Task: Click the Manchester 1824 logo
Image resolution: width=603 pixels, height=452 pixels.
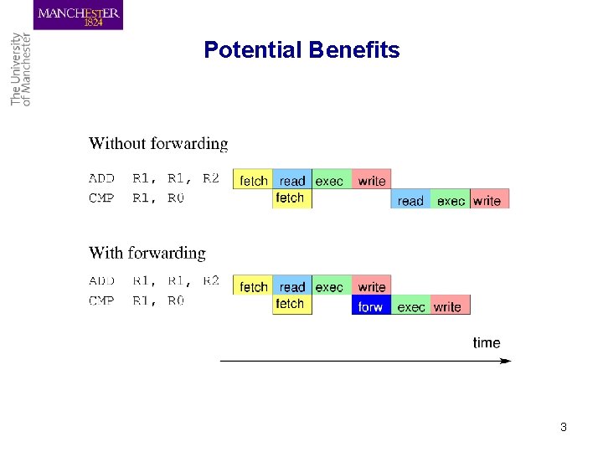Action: [x=78, y=16]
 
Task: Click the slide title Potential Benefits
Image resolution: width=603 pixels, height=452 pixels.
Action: [x=301, y=50]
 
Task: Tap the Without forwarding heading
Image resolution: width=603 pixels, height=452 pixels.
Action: [x=158, y=144]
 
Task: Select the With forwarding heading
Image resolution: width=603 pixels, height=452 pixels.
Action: [x=147, y=253]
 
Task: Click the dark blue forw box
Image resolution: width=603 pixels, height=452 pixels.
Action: [x=370, y=306]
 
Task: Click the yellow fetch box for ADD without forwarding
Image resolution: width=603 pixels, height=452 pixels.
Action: [x=253, y=179]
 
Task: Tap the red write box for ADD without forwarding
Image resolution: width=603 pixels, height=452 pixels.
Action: [x=371, y=179]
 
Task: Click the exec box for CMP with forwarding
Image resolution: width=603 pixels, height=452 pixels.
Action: [x=410, y=306]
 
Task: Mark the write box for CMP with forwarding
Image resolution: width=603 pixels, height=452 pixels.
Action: [x=449, y=306]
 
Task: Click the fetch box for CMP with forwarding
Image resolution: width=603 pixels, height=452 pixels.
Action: [x=291, y=304]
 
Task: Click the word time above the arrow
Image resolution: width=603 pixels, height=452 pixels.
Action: [x=487, y=342]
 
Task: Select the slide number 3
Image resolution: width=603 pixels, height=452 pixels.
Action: [x=563, y=427]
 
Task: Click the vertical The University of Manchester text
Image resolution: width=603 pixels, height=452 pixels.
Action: [x=20, y=69]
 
